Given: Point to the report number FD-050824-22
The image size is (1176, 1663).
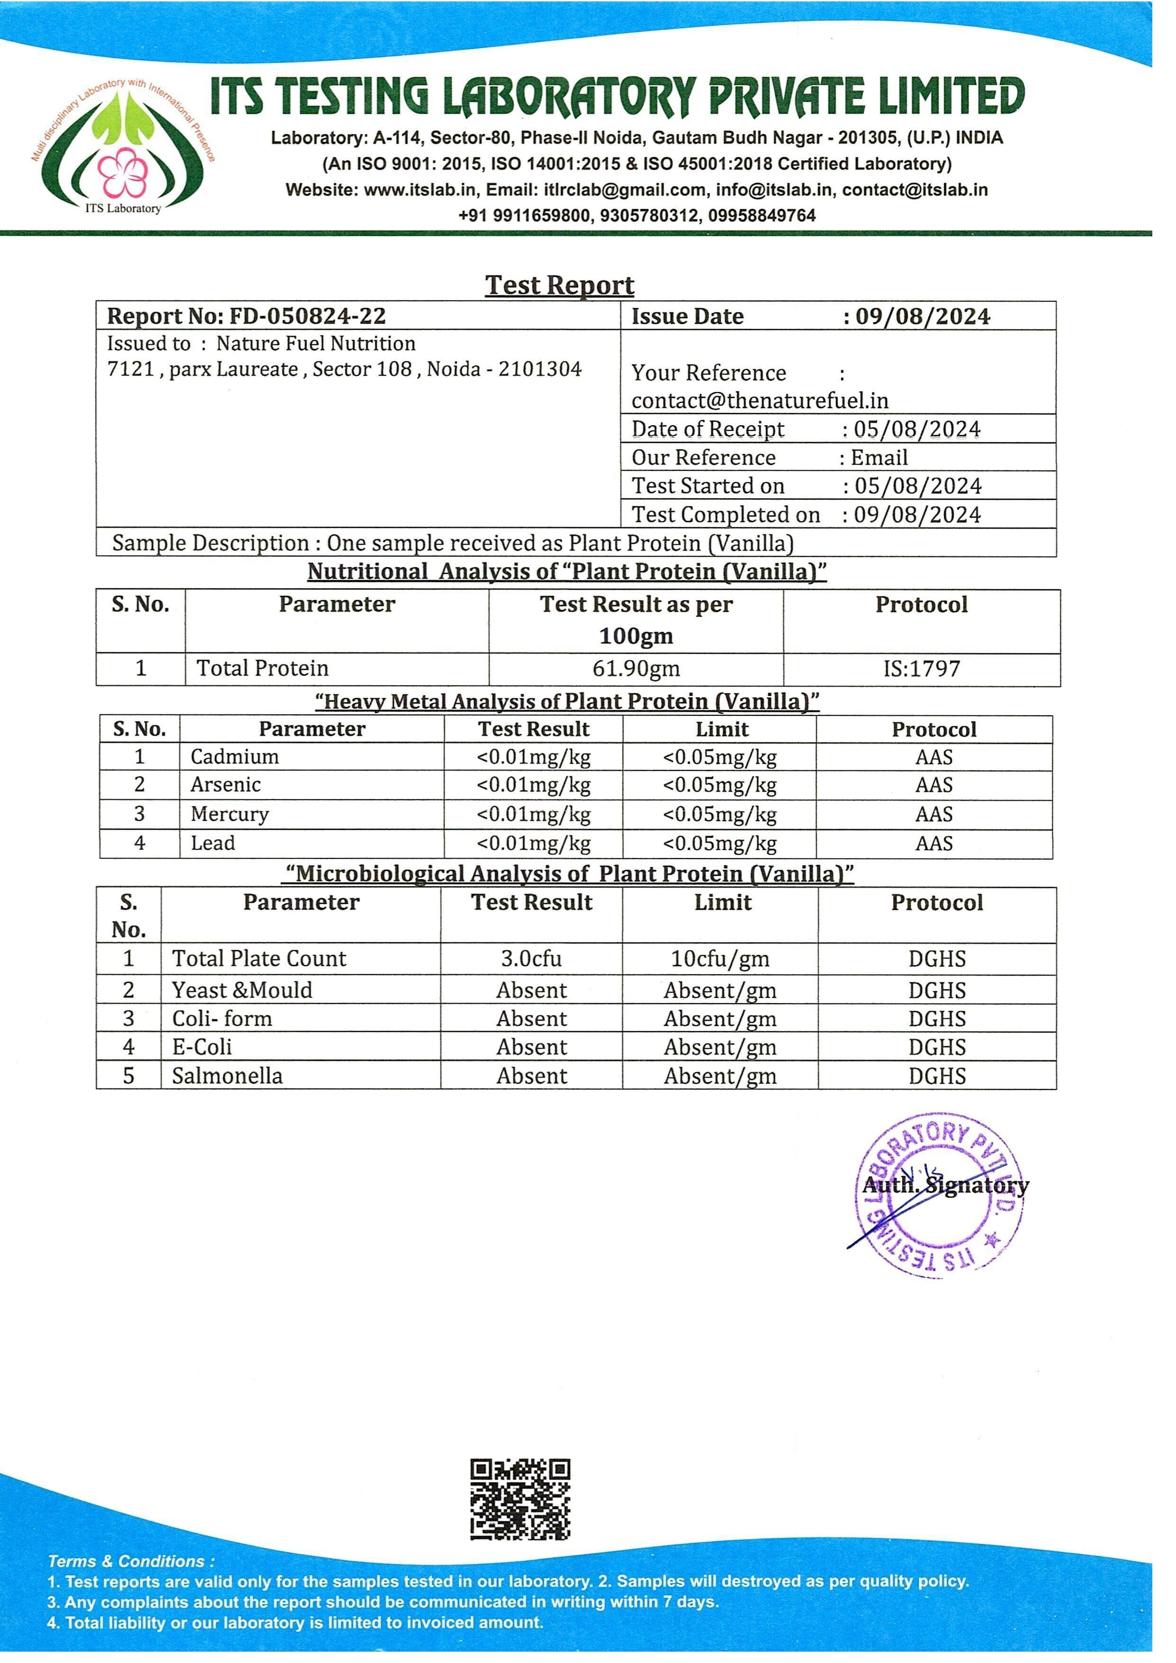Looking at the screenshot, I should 307,317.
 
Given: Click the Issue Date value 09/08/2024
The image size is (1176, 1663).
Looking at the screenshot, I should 922,317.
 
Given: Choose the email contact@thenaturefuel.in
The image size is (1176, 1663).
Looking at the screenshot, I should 760,401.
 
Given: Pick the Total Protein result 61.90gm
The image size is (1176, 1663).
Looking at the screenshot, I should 636,668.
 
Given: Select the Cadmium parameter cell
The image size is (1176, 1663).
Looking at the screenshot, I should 235,757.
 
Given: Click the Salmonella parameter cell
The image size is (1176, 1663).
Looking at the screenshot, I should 228,1076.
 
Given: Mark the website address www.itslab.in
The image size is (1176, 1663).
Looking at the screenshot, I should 419,190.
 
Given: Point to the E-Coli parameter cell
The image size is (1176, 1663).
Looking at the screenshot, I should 202,1047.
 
